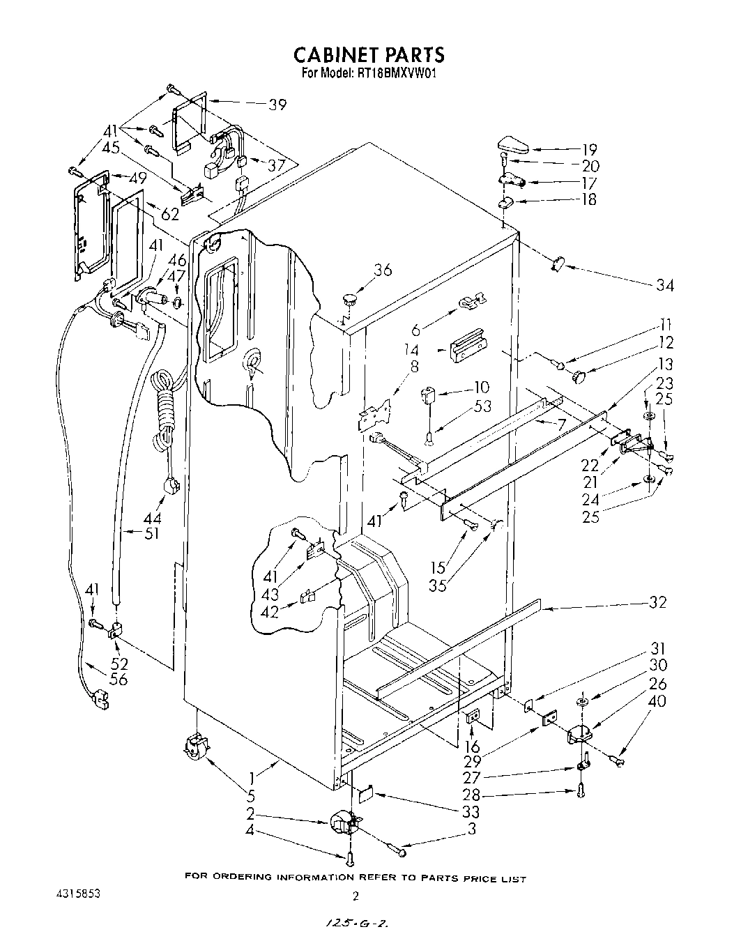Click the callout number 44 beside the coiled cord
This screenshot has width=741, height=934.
click(152, 519)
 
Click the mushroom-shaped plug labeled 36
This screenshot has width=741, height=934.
click(350, 300)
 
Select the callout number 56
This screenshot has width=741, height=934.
click(119, 679)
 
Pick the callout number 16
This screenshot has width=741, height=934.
click(473, 747)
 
